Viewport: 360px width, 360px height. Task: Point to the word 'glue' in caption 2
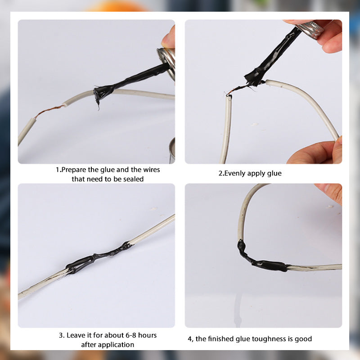(274, 174)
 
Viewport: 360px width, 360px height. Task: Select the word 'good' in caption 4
(303, 339)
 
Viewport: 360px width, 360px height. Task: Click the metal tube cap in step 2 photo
(310, 29)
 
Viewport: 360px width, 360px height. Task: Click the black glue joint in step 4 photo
(260, 260)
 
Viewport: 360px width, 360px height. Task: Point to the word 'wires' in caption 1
(151, 170)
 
